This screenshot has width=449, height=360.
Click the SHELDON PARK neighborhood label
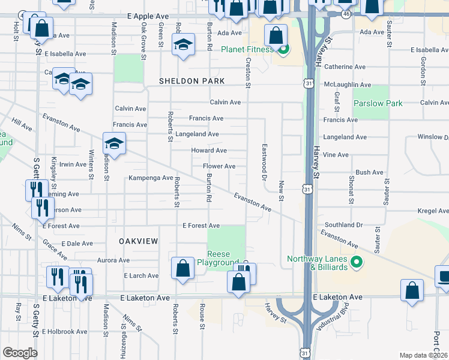point(191,81)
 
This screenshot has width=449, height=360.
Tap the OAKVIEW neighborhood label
point(138,241)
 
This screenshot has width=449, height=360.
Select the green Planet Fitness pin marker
point(284,50)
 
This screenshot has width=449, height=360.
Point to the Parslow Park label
point(378,103)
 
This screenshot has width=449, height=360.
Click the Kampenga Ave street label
point(151,178)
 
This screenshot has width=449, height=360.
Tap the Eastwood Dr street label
point(264,162)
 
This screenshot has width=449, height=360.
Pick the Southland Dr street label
point(343,225)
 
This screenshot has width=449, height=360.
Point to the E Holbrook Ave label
point(64,331)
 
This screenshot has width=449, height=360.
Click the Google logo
point(20,353)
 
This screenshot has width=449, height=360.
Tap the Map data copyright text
point(424,355)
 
